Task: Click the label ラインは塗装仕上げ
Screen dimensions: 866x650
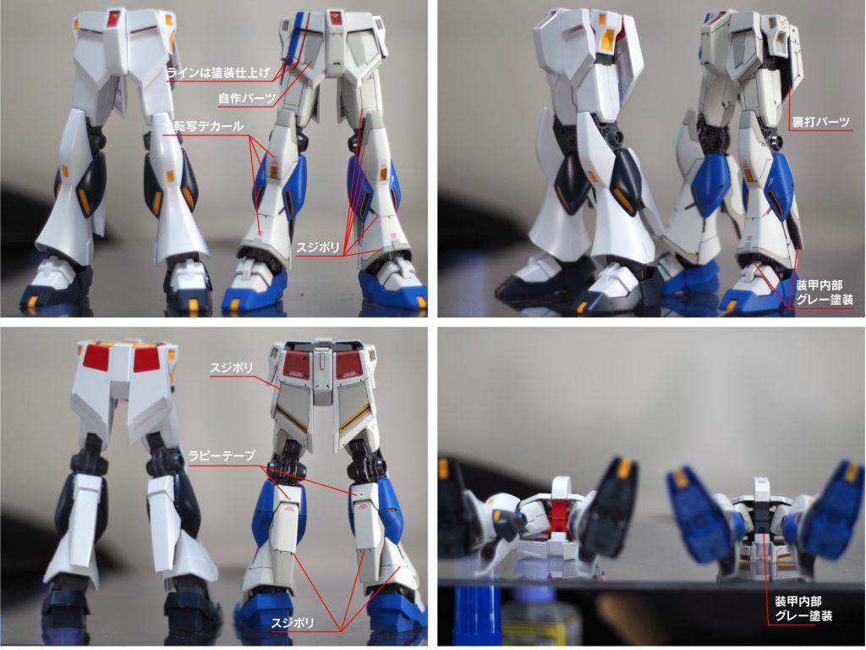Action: (219, 73)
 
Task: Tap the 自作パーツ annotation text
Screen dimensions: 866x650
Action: (246, 98)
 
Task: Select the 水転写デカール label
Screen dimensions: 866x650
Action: (203, 126)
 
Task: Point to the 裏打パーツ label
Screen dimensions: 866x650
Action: (820, 122)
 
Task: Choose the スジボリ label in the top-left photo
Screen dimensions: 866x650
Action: (318, 246)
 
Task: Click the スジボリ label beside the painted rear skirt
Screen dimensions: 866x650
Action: (232, 367)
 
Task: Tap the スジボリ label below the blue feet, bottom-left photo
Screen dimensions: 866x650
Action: (293, 623)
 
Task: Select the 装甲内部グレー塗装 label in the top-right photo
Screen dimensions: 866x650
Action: (824, 292)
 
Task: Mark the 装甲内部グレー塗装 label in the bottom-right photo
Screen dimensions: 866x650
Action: (803, 608)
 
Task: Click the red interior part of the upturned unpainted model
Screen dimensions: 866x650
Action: (562, 517)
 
